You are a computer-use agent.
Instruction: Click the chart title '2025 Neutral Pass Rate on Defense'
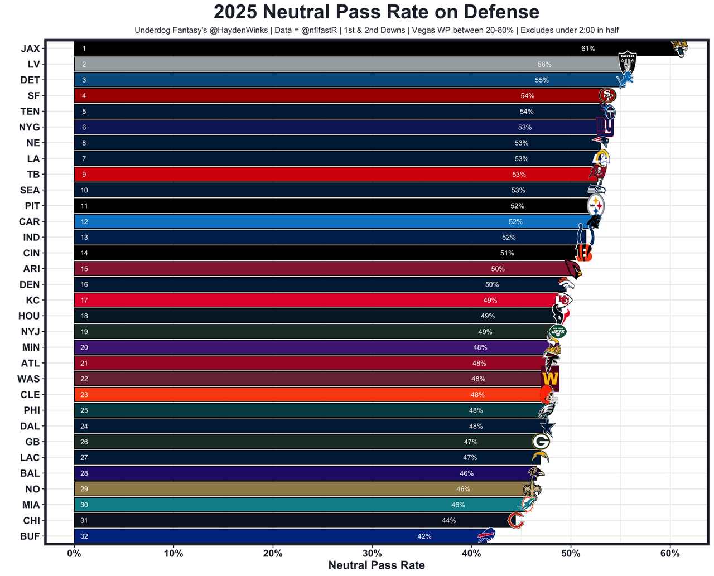pos(377,12)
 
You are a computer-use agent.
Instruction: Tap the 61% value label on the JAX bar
pos(588,49)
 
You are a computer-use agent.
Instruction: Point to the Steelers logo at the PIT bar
pos(596,206)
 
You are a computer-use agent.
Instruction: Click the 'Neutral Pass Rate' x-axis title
pos(377,565)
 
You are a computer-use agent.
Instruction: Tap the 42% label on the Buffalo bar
pos(424,536)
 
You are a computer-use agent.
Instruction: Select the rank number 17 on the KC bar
pos(84,300)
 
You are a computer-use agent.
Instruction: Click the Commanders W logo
pos(550,379)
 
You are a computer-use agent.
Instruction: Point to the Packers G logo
pos(541,442)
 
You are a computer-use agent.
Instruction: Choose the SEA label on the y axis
pos(30,190)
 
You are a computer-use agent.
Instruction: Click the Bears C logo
pos(516,521)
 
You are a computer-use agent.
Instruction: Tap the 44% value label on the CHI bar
pos(448,520)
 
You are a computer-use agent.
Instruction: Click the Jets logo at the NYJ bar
pos(557,331)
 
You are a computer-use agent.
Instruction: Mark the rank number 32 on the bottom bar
pos(84,536)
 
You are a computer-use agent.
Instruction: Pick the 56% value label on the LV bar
pos(544,64)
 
